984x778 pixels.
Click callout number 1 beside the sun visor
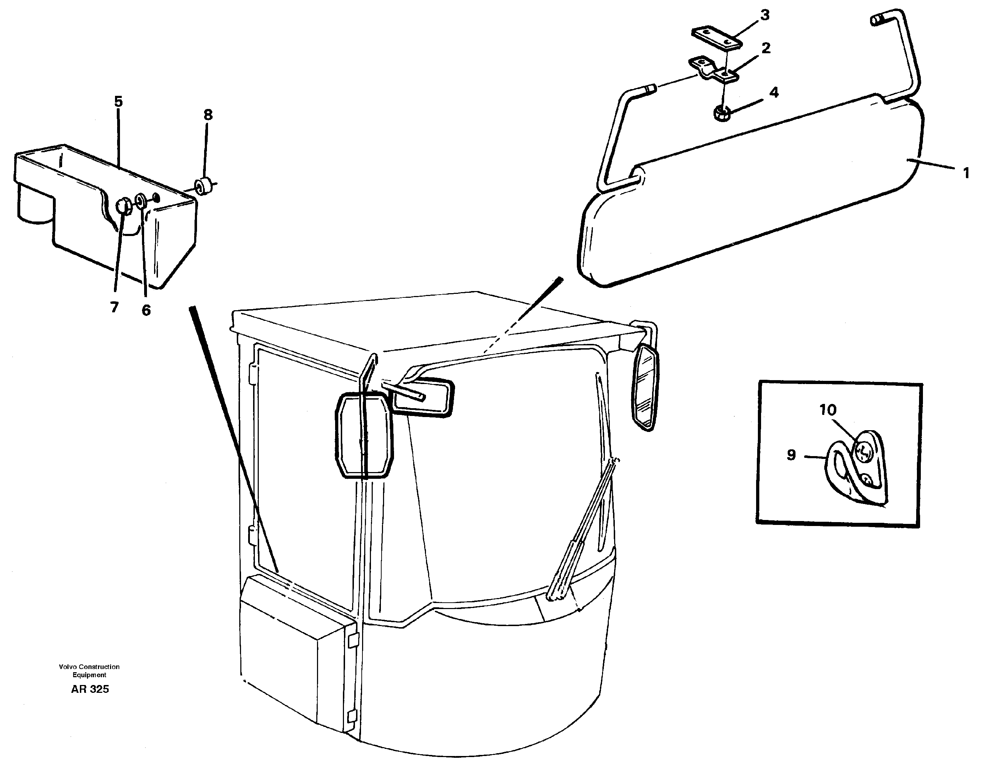click(x=966, y=173)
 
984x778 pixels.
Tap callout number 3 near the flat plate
click(x=765, y=15)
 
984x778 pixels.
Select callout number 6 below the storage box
click(x=146, y=311)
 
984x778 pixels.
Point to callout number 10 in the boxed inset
click(x=828, y=410)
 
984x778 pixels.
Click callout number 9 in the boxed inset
click(x=791, y=455)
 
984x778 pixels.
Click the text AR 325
click(x=90, y=689)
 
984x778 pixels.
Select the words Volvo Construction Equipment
click(x=89, y=670)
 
